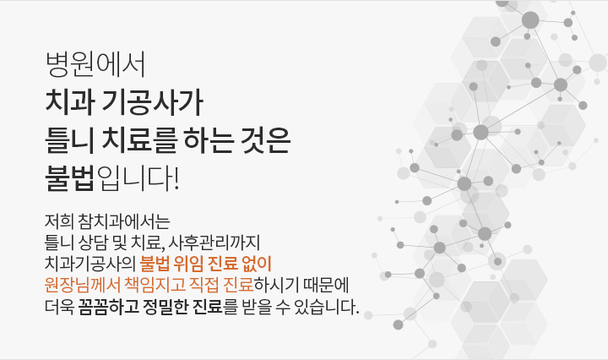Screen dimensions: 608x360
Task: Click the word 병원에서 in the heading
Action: coord(95,64)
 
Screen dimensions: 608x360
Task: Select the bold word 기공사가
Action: coord(152,102)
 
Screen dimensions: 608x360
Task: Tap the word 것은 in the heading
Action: coord(266,140)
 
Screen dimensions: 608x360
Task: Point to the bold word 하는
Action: coord(209,140)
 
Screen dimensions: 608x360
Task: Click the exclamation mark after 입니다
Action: coord(176,178)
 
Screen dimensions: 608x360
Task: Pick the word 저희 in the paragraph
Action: coord(59,221)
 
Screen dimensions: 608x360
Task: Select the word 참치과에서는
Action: coord(124,221)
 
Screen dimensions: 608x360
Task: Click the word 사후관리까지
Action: coord(214,243)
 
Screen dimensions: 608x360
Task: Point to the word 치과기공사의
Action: coord(90,264)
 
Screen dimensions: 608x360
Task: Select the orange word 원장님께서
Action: coord(82,285)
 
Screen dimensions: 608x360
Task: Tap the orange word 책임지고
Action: coord(155,285)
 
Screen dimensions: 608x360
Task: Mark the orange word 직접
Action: coord(204,285)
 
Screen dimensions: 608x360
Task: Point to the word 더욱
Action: coord(59,307)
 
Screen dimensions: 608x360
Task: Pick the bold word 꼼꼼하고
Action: coord(109,307)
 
